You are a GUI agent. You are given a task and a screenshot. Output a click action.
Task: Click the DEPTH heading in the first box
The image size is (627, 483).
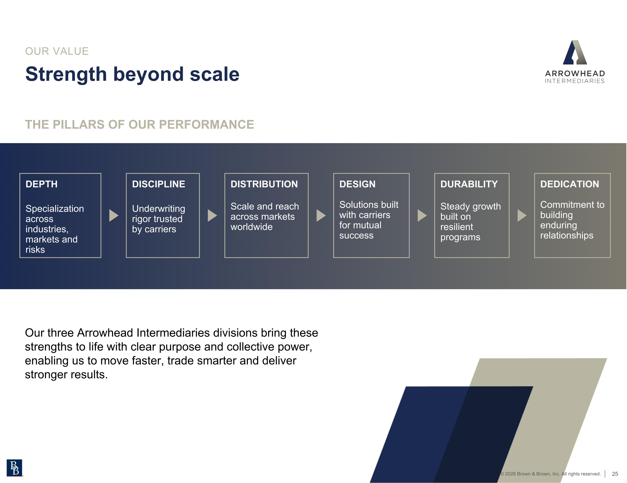pos(41,184)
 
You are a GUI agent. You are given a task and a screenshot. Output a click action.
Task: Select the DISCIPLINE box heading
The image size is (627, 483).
pos(158,184)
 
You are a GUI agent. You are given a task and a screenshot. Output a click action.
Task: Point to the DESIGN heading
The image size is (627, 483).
pos(357,184)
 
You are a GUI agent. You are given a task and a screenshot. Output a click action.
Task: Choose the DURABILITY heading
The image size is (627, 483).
pos(469,184)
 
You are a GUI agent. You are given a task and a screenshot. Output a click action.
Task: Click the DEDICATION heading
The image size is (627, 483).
pos(569,184)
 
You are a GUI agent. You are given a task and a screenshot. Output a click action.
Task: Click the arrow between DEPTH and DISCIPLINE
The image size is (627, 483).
pos(113,215)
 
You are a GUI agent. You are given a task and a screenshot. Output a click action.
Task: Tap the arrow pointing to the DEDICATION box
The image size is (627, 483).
pos(521,215)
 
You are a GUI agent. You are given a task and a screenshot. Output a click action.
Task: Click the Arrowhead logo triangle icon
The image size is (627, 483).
pos(575,53)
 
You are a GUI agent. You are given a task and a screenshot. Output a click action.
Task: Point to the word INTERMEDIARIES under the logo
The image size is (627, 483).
pos(575,81)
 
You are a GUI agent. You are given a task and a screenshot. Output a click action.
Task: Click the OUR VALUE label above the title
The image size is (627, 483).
pos(57,51)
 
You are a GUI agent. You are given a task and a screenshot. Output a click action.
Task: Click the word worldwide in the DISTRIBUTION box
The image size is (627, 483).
pos(251,227)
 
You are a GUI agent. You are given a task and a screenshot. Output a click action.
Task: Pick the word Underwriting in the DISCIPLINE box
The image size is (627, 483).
pos(158,209)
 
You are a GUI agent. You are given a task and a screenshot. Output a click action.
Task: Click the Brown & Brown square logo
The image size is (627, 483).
pos(14,468)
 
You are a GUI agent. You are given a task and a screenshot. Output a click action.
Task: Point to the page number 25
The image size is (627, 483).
pos(615,474)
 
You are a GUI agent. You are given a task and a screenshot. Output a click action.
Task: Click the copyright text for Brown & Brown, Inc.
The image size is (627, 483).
pos(550,474)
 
